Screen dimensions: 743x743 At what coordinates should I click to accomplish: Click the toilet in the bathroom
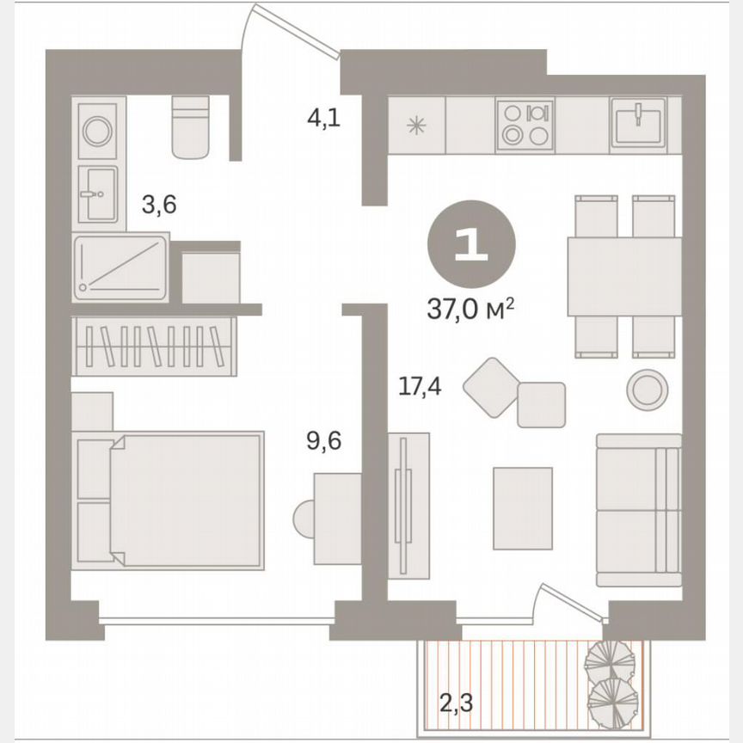click(x=191, y=127)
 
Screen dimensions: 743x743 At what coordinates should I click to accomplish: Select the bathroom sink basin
click(x=96, y=193)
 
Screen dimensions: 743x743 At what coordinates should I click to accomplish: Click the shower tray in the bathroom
click(x=120, y=267)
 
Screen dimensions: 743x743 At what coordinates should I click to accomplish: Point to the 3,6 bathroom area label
click(x=158, y=205)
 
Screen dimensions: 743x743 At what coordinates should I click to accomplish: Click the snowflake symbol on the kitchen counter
click(x=416, y=126)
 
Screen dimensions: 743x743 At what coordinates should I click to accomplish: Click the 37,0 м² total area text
click(x=470, y=308)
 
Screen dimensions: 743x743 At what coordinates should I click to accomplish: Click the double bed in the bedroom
click(x=185, y=500)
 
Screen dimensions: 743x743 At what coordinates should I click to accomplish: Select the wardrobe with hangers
click(x=155, y=347)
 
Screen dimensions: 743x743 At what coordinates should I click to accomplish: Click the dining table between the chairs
click(x=623, y=276)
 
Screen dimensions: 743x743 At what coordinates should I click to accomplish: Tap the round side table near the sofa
click(x=647, y=390)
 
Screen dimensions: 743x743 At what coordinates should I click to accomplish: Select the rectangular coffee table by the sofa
click(x=522, y=508)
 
